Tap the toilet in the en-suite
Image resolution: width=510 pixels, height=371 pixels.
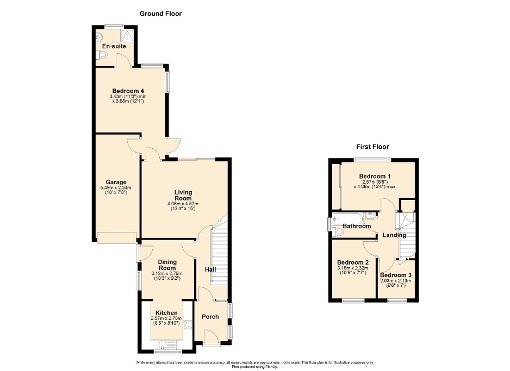point(102,55)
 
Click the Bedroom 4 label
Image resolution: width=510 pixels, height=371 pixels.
point(128,91)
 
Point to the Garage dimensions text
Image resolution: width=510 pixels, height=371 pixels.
point(116,190)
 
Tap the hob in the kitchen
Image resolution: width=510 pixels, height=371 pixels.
point(188,325)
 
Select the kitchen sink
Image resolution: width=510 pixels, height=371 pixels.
point(166,344)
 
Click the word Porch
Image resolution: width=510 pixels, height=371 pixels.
point(210,317)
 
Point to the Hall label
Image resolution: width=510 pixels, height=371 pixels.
point(210,269)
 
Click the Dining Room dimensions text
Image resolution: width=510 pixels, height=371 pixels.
point(167,276)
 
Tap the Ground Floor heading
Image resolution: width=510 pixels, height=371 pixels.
point(161,14)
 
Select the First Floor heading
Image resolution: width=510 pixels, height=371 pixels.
point(372,147)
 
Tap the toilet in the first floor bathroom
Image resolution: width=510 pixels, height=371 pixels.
point(340,232)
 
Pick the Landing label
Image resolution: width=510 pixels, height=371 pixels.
point(394,235)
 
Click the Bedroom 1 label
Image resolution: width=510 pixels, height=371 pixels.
point(375,177)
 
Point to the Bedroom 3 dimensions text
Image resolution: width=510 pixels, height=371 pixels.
point(395,283)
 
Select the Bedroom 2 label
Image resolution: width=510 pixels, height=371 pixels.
point(352,262)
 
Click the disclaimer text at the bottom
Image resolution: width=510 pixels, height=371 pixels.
point(254,363)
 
